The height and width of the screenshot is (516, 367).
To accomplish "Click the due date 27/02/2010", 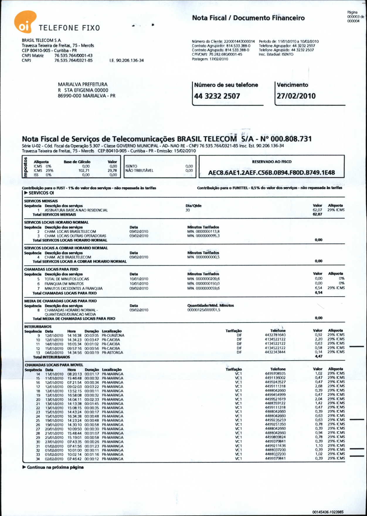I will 296,96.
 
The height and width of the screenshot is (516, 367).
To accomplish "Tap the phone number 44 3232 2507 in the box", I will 217,96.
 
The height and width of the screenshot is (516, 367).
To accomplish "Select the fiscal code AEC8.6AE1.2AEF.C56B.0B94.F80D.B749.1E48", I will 271,173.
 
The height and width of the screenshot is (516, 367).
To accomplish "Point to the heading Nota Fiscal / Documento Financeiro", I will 248,18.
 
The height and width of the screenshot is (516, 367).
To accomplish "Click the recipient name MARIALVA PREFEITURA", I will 83,84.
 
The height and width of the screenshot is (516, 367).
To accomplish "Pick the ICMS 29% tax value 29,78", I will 112,170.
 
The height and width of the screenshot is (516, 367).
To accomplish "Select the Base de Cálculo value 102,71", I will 84,170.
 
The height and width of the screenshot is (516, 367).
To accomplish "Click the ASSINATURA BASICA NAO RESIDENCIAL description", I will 76,210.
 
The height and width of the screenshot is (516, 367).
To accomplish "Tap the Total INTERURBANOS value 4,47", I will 319,356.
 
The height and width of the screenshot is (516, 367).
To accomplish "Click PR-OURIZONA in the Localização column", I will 113,335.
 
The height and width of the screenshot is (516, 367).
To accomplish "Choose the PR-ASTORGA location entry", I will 112,353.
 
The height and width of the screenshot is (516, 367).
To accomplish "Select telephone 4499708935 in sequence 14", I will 275,374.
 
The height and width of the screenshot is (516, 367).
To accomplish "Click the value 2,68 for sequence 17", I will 319,386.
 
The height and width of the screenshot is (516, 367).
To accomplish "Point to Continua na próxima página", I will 55,467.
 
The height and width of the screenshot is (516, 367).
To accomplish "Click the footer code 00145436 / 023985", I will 328,512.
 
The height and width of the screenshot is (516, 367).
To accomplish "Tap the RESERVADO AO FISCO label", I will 271,162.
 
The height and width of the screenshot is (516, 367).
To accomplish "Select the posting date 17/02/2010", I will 219,59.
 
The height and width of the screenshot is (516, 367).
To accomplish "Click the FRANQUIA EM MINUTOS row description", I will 64,284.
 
